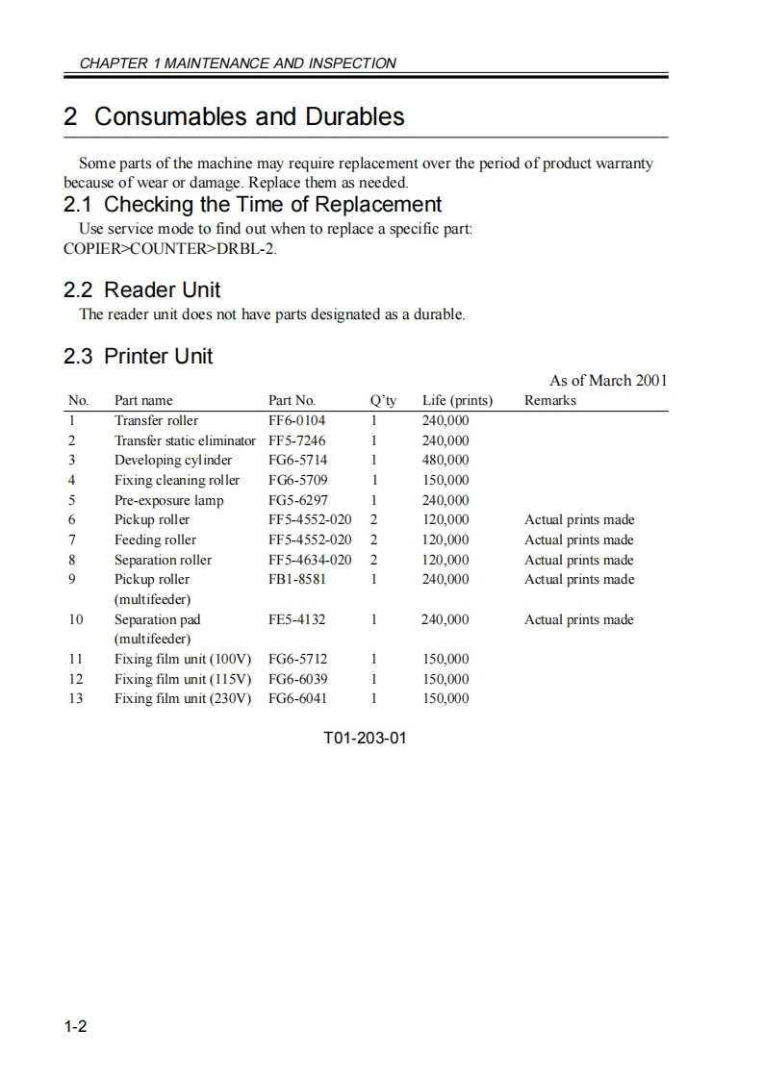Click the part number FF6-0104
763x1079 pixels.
[296, 420]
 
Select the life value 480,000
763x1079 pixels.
[445, 460]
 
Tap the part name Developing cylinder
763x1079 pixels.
[173, 460]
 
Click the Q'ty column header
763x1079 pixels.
[383, 400]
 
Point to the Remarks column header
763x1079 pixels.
[549, 400]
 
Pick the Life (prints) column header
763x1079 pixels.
[457, 400]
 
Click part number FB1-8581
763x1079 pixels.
[296, 579]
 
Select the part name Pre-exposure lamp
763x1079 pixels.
[168, 500]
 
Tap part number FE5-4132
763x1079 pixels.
[296, 619]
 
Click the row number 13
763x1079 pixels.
[75, 698]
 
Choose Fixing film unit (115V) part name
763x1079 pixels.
[183, 679]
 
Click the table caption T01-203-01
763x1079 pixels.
[365, 740]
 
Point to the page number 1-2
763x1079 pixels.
[76, 1027]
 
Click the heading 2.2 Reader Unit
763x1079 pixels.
[142, 289]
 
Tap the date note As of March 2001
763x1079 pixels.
[607, 380]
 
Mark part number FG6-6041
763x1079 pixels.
[297, 698]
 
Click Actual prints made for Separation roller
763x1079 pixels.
[578, 560]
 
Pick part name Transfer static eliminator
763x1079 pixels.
[185, 440]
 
